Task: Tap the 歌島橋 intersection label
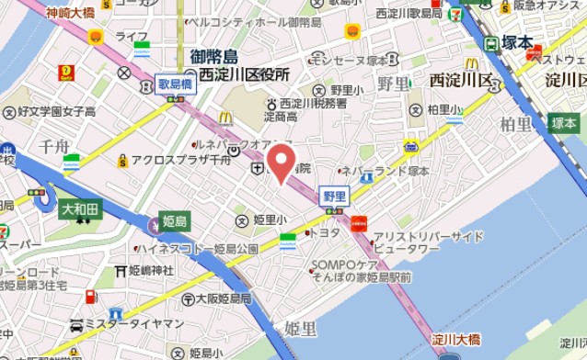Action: click(x=173, y=82)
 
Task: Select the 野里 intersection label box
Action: click(x=334, y=195)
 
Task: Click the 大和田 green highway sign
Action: click(x=80, y=210)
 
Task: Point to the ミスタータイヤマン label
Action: click(x=133, y=324)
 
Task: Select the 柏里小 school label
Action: click(x=445, y=109)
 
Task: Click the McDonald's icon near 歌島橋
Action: click(x=226, y=117)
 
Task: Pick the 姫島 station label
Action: click(x=174, y=221)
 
